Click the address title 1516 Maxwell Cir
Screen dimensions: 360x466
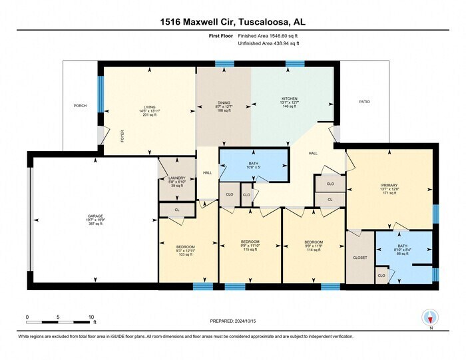pyautogui.click(x=232, y=22)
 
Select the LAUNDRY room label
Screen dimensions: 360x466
pyautogui.click(x=176, y=178)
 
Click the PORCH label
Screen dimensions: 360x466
pyautogui.click(x=80, y=106)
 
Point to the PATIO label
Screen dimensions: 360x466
pyautogui.click(x=363, y=102)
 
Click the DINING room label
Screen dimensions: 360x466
pyautogui.click(x=223, y=102)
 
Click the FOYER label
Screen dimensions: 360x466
pyautogui.click(x=122, y=136)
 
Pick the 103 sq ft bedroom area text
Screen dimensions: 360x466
pyautogui.click(x=184, y=255)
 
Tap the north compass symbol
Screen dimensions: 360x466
pyautogui.click(x=431, y=318)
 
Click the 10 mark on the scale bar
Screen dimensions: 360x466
pyautogui.click(x=91, y=317)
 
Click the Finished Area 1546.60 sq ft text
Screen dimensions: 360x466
pyautogui.click(x=268, y=36)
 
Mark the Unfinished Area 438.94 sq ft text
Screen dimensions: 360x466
pyautogui.click(x=268, y=43)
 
